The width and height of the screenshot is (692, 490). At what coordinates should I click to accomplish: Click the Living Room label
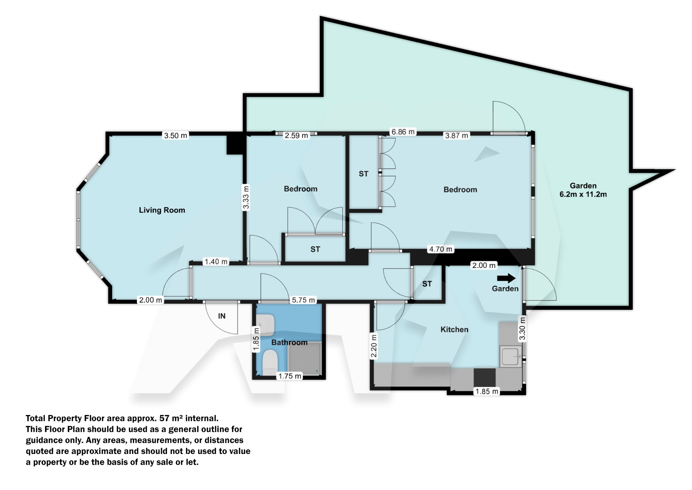click(162, 210)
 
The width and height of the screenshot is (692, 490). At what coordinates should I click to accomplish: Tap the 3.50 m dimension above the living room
click(176, 136)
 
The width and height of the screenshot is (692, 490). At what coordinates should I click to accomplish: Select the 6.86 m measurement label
click(403, 132)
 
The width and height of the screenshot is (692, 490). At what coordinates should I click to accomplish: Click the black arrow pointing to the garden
click(506, 278)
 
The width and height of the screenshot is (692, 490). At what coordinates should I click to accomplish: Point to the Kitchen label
click(454, 329)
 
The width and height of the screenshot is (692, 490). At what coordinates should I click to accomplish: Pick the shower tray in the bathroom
click(304, 358)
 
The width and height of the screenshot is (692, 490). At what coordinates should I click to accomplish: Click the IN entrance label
click(222, 316)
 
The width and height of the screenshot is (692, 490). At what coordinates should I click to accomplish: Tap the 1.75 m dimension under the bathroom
click(290, 376)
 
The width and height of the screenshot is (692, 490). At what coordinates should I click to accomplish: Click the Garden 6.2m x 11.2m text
click(583, 190)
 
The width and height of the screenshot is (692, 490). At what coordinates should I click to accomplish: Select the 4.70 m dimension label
click(440, 249)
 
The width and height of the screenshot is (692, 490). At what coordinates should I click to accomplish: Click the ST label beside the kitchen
click(427, 284)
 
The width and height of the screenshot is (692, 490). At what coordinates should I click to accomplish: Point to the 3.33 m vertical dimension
click(246, 197)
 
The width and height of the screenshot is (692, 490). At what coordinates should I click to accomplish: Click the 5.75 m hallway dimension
click(303, 300)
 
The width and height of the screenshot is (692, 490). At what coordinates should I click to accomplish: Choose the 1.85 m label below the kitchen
click(487, 391)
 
